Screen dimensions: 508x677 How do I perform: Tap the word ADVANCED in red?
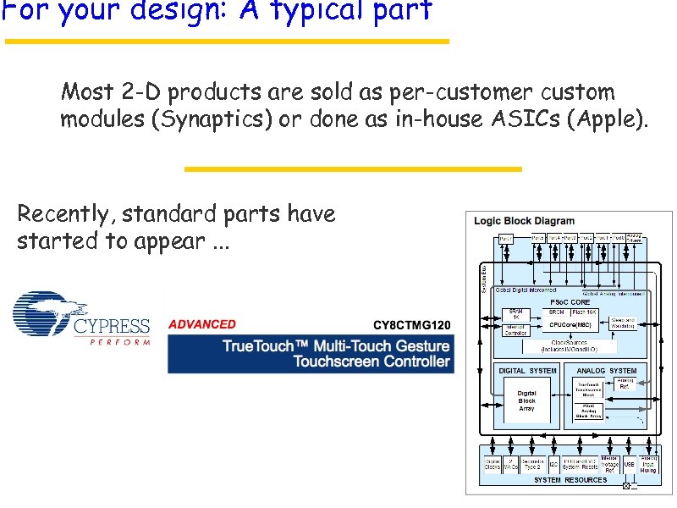pos(202,324)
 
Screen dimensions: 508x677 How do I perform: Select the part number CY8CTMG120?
pos(412,325)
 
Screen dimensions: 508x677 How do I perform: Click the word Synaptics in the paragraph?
pos(212,119)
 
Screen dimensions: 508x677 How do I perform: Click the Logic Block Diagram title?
pos(524,221)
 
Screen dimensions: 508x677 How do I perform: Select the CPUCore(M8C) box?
pos(570,323)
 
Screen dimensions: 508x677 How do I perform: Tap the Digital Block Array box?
pos(526,401)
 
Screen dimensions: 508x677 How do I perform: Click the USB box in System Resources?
pos(629,464)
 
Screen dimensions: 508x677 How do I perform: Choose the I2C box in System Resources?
pos(553,464)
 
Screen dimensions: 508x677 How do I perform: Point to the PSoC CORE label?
pos(570,302)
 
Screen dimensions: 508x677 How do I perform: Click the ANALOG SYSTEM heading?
pos(606,370)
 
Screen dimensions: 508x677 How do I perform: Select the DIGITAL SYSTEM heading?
pos(528,370)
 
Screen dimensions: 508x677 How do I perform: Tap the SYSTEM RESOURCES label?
pos(570,480)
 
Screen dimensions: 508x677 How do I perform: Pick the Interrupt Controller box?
pos(515,329)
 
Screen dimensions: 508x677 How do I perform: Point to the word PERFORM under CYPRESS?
pos(119,342)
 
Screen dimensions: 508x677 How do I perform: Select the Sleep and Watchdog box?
pos(622,323)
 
